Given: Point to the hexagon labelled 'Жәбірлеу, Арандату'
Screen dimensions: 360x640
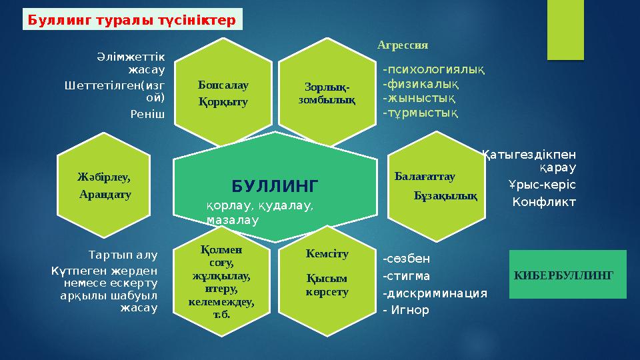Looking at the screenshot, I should pos(105,185).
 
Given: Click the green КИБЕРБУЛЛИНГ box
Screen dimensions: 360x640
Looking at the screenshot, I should pos(567,274).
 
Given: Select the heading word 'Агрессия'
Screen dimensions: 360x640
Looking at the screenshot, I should pos(402,45).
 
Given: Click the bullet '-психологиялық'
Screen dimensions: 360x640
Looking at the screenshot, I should pos(433,69).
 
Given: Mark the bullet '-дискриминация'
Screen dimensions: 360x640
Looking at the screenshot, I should pos(435,293).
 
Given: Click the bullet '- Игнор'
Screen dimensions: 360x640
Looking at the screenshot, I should pos(406,310).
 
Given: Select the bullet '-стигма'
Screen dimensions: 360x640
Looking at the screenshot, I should pos(407,276).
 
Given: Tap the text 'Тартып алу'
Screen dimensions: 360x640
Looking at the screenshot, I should pos(123,254).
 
